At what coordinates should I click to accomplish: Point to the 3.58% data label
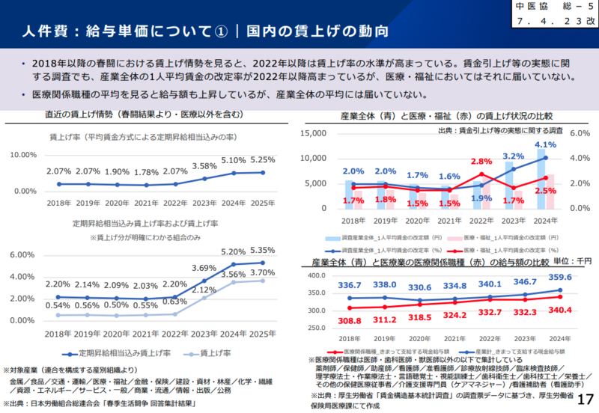click(x=204, y=166)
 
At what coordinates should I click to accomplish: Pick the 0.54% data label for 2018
click(x=58, y=305)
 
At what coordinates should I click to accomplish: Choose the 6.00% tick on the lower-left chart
click(x=25, y=255)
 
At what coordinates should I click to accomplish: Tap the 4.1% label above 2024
click(x=545, y=145)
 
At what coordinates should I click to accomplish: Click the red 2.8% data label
click(x=481, y=162)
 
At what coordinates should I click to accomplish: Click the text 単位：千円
click(x=573, y=261)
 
